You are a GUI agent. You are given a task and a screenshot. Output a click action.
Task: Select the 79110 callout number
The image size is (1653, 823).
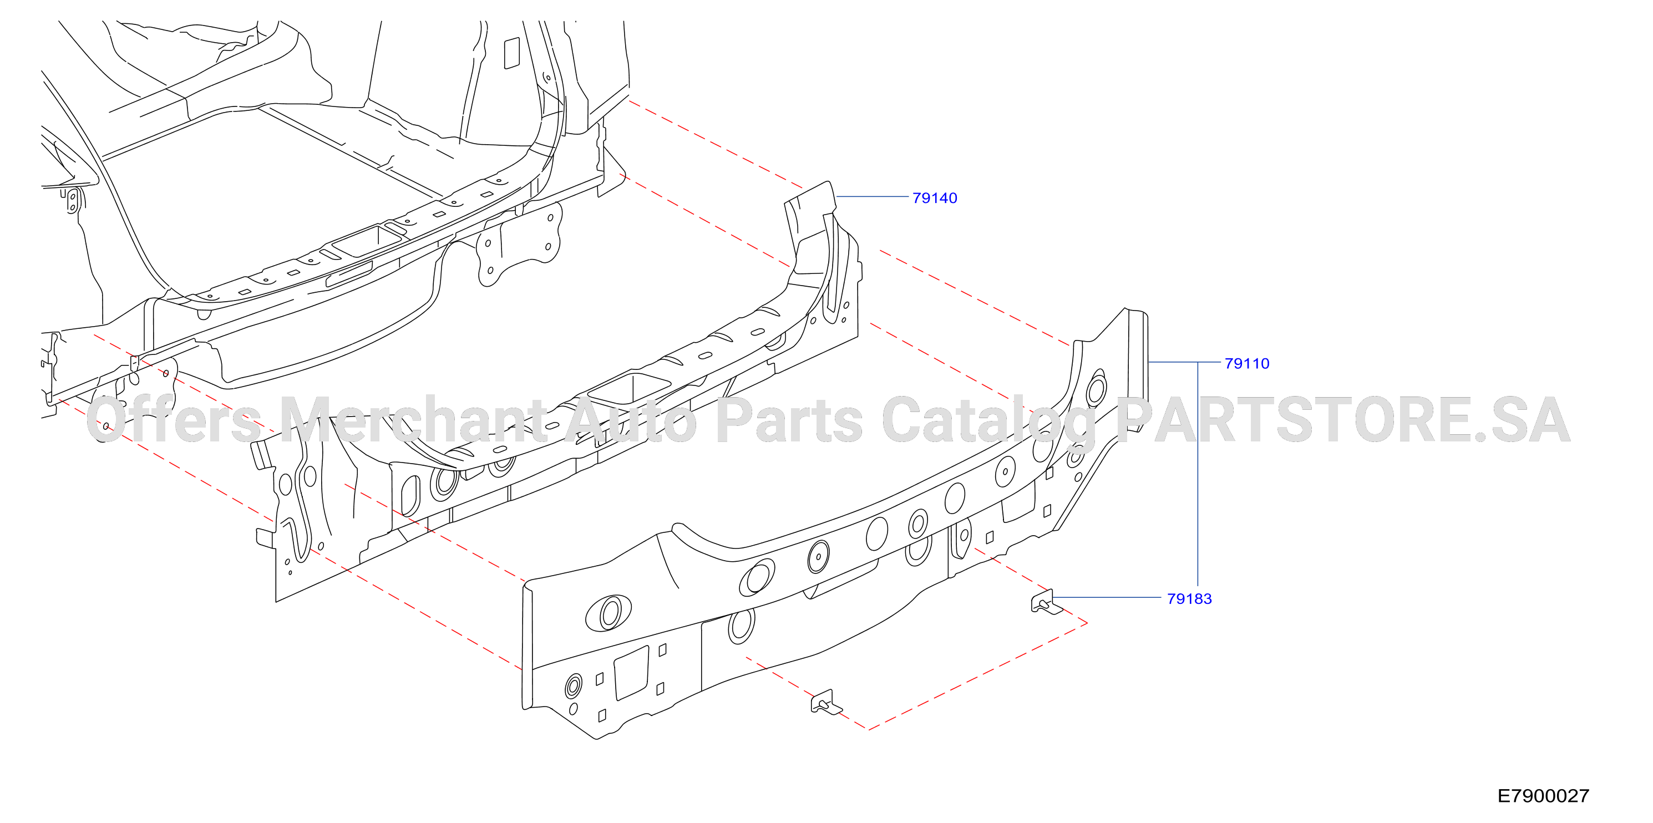1247,363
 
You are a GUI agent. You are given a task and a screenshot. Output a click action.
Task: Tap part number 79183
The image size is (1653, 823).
1189,598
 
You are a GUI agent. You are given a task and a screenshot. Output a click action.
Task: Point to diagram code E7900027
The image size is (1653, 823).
1543,795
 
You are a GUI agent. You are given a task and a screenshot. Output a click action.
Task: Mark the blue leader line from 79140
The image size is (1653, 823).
873,196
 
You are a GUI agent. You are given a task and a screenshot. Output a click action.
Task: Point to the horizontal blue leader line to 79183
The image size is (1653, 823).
1107,597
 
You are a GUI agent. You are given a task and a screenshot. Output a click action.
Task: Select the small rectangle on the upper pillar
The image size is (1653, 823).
511,53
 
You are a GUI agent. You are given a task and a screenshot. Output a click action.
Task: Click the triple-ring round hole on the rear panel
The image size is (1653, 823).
573,687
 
